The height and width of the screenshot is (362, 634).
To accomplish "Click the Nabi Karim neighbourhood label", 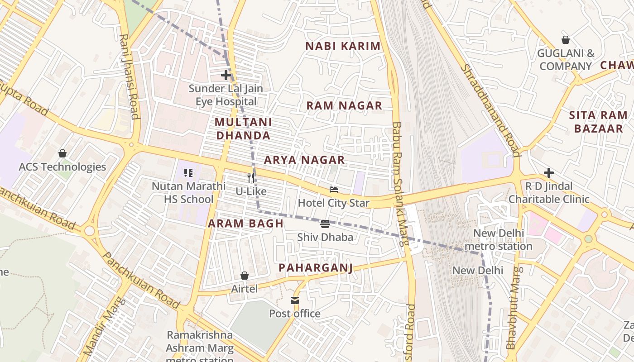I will [343, 46].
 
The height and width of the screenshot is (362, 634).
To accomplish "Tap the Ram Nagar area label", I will [344, 106].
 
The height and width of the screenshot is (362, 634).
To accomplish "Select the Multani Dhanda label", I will [243, 129].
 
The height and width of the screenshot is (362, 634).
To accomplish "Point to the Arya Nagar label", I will [304, 160].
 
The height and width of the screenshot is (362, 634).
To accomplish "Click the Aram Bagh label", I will [245, 224].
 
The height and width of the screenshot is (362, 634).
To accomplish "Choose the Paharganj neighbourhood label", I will [315, 268].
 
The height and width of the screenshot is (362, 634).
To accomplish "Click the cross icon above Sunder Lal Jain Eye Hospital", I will [226, 75].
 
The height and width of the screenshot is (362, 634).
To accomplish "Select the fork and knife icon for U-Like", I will [251, 177].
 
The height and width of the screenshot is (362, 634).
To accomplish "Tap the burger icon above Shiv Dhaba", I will [325, 224].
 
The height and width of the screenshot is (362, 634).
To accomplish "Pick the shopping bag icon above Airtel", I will [245, 276].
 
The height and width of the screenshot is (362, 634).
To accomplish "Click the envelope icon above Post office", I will [295, 300].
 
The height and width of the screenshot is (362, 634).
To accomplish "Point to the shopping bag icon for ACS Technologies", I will [62, 154].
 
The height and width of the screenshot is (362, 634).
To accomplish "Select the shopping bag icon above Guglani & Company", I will [565, 40].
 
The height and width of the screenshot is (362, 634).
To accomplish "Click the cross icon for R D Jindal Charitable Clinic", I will [549, 173].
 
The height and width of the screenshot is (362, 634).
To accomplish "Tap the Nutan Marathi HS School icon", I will [188, 172].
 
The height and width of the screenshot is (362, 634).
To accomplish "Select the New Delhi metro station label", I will [499, 240].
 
